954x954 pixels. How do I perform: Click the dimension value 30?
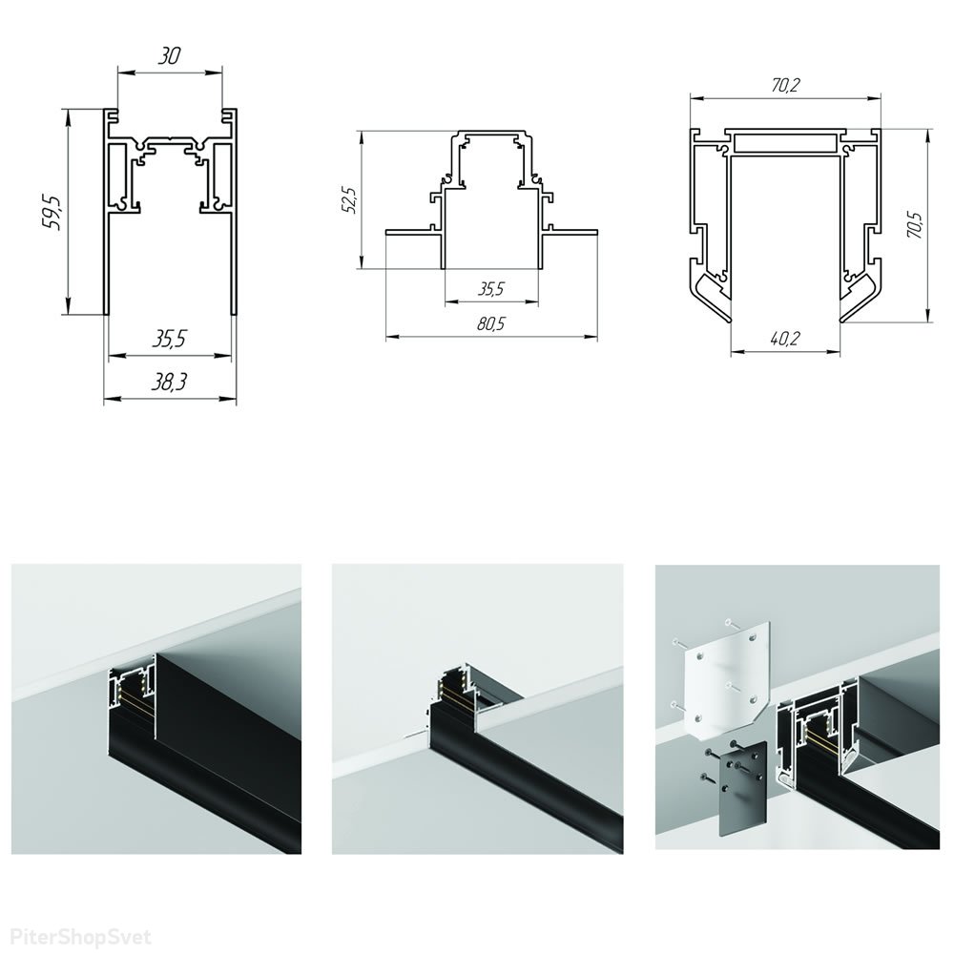(170, 56)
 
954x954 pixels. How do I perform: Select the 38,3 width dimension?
(169, 382)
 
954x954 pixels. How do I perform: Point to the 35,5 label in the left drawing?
(169, 339)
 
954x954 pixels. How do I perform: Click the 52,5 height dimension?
(350, 200)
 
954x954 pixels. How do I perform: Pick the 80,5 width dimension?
(491, 323)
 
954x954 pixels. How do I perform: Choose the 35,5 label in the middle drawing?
(491, 288)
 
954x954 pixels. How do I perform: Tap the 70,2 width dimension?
(785, 86)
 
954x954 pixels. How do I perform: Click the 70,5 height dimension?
(916, 224)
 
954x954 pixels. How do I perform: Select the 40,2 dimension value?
(785, 339)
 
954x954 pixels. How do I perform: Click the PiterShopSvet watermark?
(81, 937)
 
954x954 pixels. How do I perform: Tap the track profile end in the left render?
(132, 693)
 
